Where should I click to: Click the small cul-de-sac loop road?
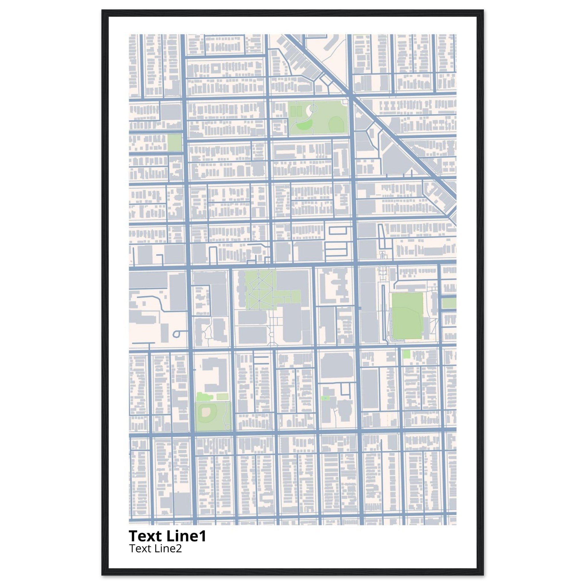coord(177,334)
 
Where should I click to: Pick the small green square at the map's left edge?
coord(175,143)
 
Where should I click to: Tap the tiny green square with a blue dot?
coord(325,398)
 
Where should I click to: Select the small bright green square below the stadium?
coord(406,354)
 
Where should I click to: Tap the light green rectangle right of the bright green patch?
coord(222,397)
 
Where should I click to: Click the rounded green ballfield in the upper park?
coord(335,123)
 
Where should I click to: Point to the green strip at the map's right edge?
coord(449,303)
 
